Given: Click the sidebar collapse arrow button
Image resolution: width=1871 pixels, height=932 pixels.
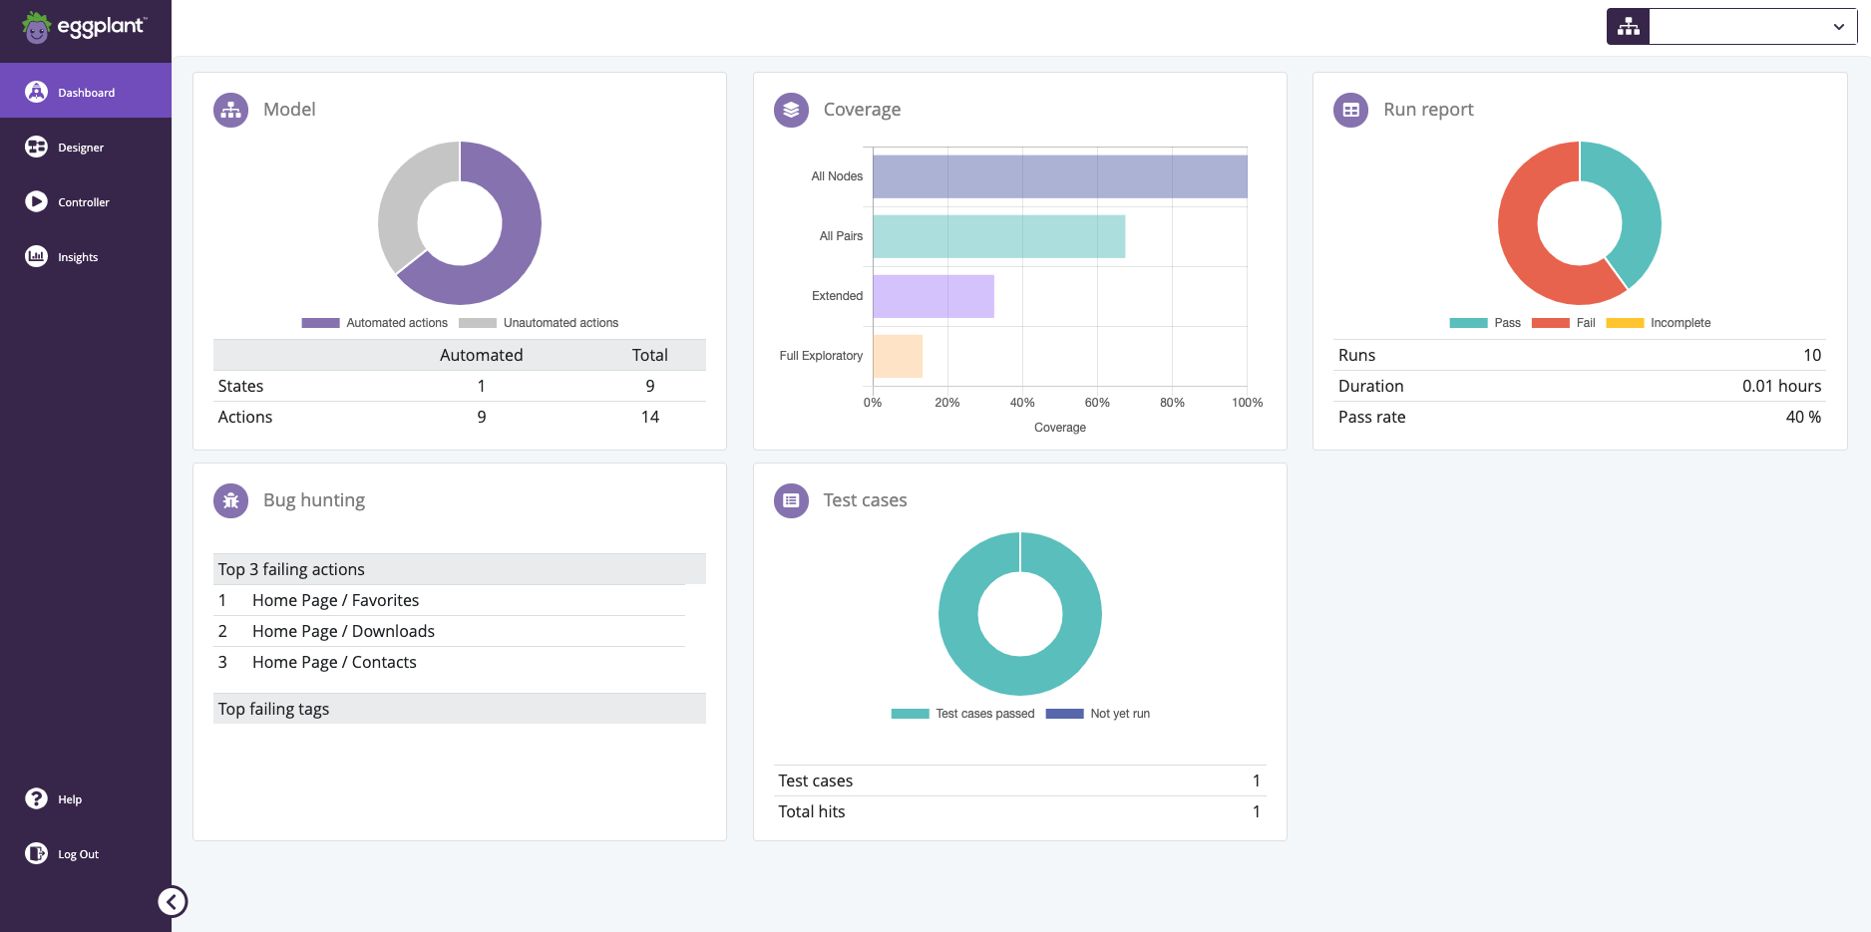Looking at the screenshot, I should coord(173,902).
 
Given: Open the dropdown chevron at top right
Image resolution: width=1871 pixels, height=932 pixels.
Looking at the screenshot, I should coord(1838,27).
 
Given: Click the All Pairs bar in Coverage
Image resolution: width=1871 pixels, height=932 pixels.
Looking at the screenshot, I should coord(998,236).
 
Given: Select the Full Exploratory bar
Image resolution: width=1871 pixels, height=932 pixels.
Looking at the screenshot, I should coord(898,356).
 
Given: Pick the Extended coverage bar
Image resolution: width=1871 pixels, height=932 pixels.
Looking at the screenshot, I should coord(934,296).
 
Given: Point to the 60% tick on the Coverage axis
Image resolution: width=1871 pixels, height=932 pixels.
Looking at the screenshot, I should coord(1097,403).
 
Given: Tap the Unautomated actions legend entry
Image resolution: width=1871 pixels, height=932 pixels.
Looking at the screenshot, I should coord(540,323).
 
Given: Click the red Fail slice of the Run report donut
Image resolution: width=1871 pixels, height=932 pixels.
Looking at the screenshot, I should coord(1526,249).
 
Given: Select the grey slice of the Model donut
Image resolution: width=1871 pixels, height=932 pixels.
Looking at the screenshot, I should coord(405,199).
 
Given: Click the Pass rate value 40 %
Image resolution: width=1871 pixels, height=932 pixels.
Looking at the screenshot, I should coord(1802,418).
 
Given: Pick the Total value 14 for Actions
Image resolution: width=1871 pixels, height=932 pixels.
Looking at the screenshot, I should coord(649,418).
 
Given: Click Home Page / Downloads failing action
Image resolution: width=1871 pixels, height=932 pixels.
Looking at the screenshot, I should coord(343,632).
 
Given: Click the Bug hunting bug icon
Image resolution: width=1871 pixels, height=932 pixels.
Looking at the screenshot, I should coord(231,500).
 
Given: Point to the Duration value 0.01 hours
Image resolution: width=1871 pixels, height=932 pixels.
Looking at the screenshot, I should coord(1780,387).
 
